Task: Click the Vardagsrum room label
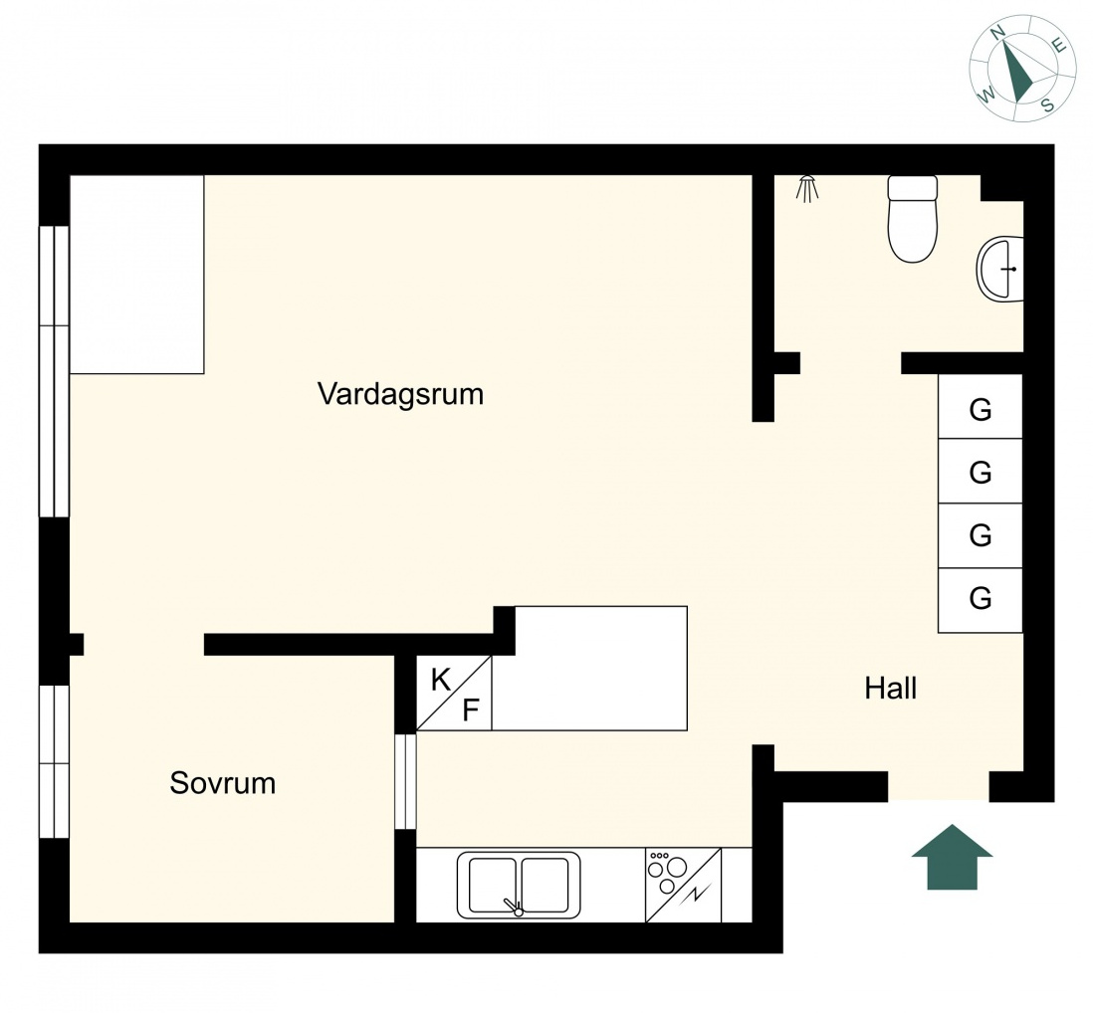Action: click(400, 394)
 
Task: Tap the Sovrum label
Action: click(222, 783)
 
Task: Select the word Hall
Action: click(890, 689)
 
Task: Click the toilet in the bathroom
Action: click(913, 219)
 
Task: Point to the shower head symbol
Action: click(807, 189)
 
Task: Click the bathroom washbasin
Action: click(999, 269)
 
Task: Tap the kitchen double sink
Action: click(519, 885)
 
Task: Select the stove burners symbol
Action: click(666, 872)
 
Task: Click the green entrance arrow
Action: click(953, 857)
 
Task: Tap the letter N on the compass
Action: click(997, 50)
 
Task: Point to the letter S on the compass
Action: click(1047, 105)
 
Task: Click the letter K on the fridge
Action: click(441, 680)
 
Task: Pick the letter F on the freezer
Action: click(471, 709)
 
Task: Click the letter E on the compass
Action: click(1059, 46)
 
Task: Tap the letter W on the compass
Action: click(987, 95)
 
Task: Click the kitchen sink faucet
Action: click(515, 907)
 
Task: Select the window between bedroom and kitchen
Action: click(406, 782)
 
